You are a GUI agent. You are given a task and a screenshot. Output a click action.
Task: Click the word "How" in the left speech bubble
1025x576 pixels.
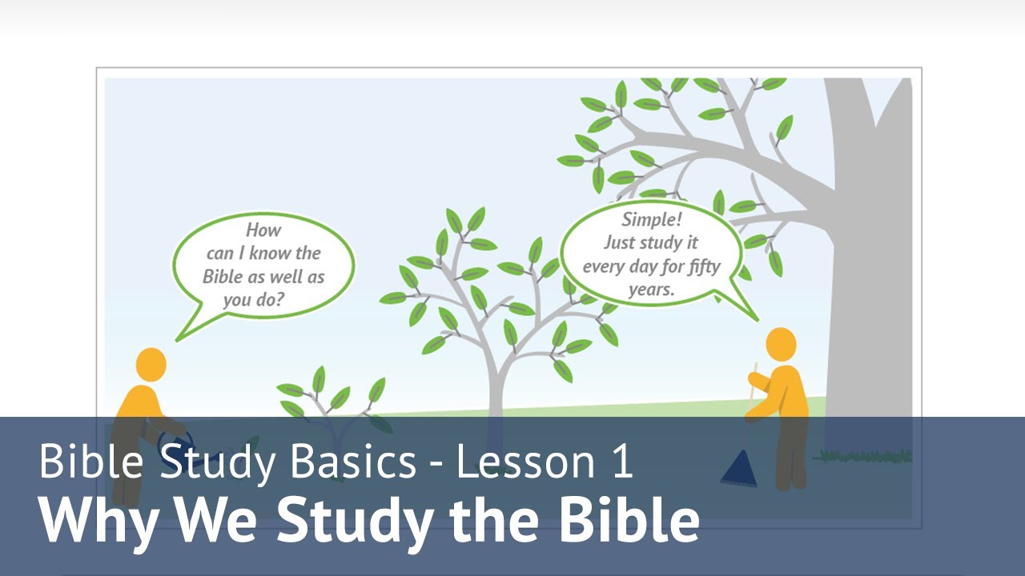pyautogui.click(x=263, y=230)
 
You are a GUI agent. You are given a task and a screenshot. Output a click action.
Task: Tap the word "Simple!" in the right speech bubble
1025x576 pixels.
pyautogui.click(x=649, y=220)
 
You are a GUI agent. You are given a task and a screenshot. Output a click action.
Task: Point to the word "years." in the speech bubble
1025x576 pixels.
pyautogui.click(x=651, y=289)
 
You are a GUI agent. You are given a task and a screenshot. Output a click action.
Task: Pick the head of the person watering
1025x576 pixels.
pyautogui.click(x=151, y=364)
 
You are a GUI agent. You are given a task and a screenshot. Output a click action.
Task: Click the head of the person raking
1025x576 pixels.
pyautogui.click(x=781, y=343)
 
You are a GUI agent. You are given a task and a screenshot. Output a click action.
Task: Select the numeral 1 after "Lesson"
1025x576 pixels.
pyautogui.click(x=620, y=462)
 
